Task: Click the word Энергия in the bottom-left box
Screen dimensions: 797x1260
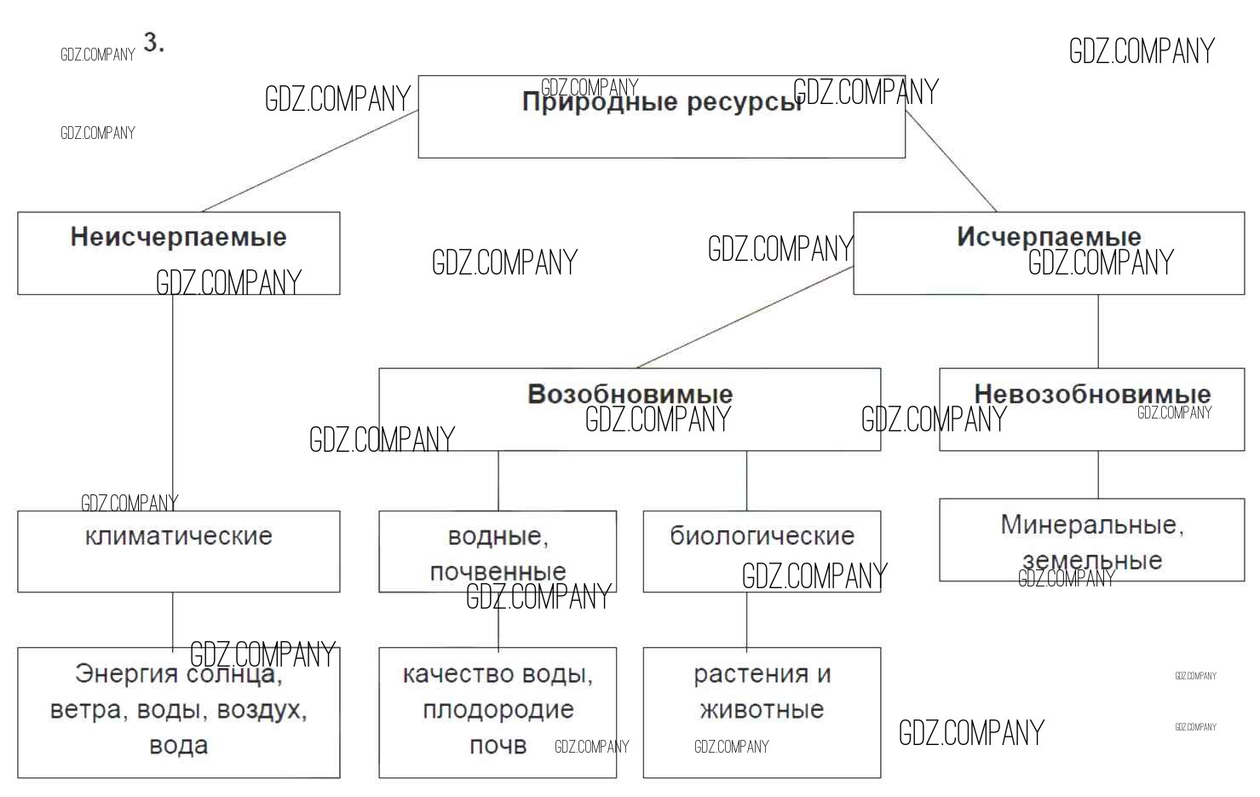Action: point(125,673)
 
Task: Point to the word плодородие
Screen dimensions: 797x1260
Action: point(498,709)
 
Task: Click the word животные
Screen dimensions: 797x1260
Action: point(762,709)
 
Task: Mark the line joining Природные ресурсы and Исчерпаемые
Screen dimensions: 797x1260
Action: point(951,161)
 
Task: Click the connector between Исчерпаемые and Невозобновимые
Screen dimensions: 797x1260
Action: point(1098,332)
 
